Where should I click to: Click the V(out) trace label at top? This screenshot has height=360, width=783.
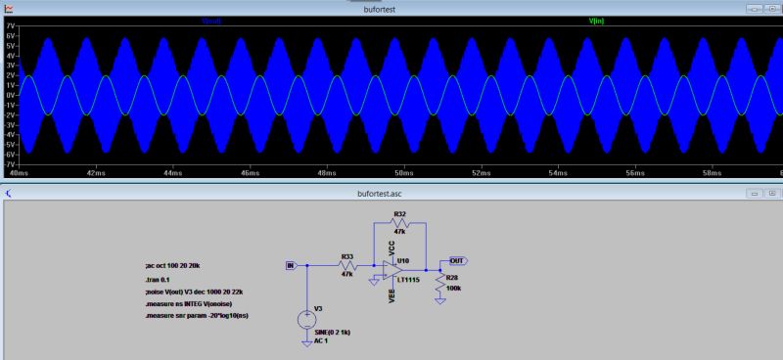pos(211,21)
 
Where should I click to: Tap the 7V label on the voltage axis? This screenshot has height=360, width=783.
pos(11,25)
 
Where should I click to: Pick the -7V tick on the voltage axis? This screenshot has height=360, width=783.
pos(10,163)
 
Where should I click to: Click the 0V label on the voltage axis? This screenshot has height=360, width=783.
pos(11,95)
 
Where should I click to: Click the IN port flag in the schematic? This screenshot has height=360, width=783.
pos(289,265)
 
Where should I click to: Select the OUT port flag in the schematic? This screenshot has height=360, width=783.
pos(457,261)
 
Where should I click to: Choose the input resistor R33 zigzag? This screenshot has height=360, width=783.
pos(346,265)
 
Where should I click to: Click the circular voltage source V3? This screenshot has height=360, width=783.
pos(306,318)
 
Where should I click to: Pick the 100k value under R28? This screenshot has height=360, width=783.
pos(453,290)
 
